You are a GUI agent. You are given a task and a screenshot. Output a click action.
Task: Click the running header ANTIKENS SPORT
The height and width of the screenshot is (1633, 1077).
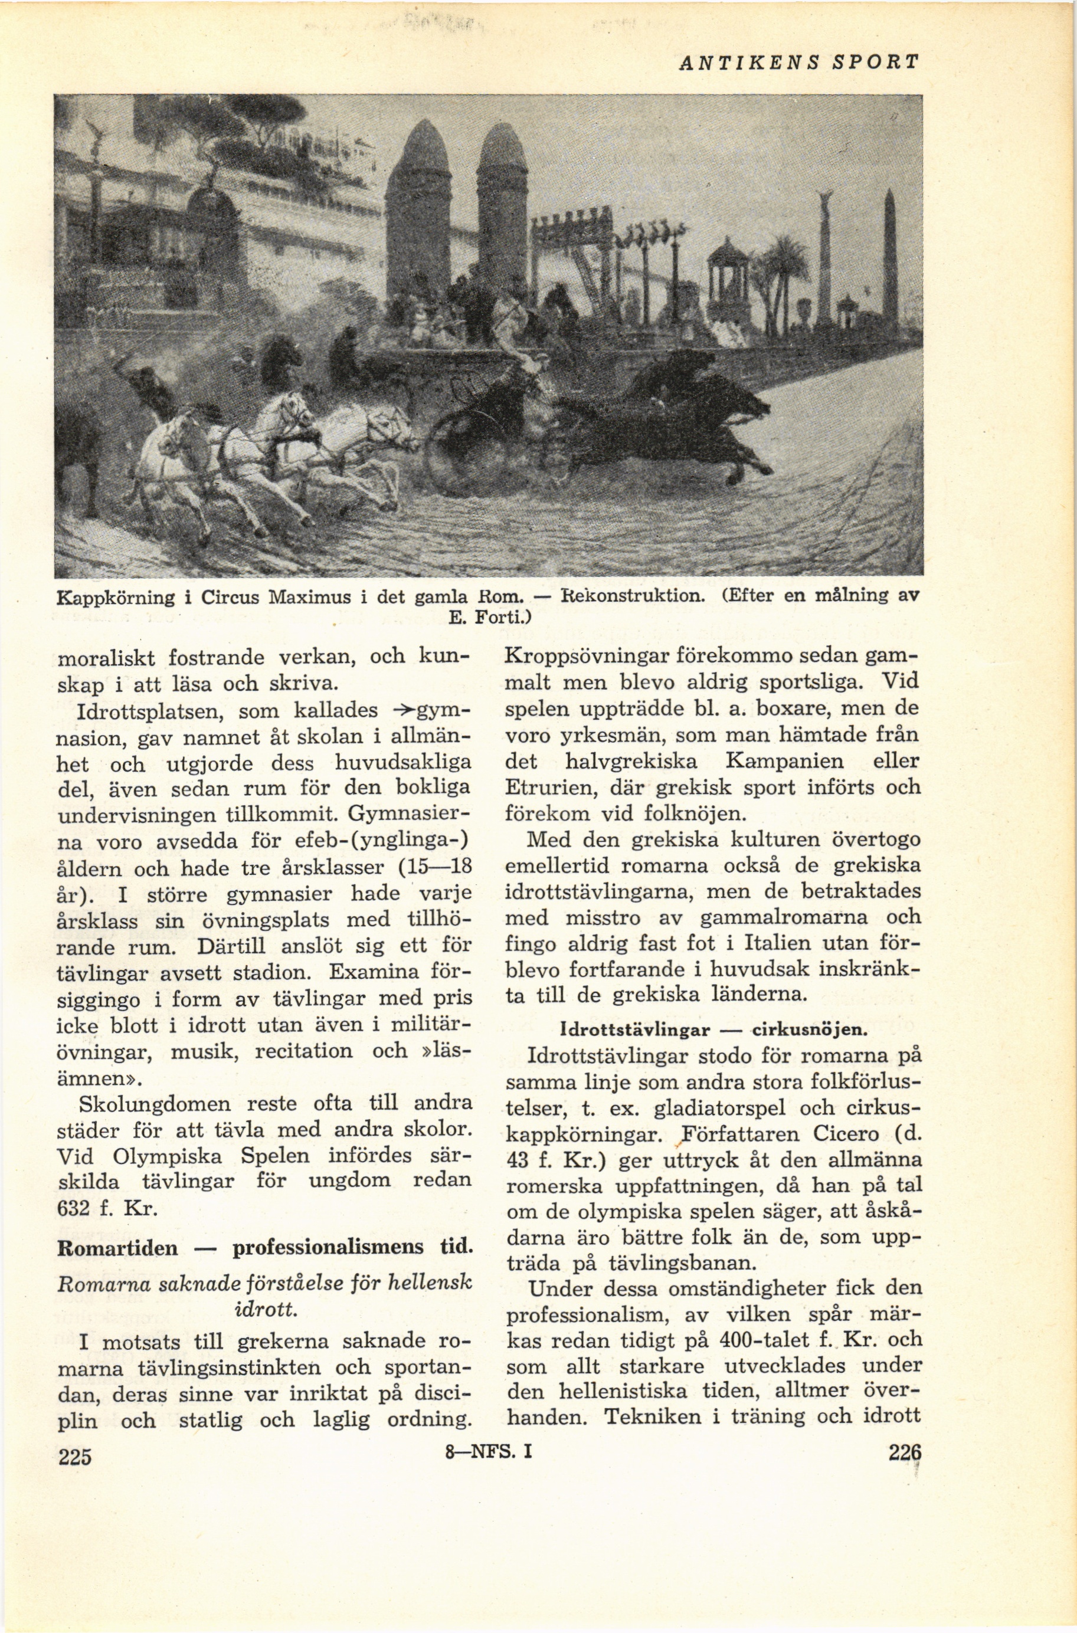coord(797,63)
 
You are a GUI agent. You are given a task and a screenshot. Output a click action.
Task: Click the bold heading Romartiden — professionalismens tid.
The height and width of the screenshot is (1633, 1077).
coord(265,1247)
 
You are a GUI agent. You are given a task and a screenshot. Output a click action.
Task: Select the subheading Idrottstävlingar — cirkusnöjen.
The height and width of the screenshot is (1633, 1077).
coord(713,1030)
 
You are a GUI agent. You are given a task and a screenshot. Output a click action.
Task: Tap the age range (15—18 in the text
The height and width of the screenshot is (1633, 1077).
coord(436,867)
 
